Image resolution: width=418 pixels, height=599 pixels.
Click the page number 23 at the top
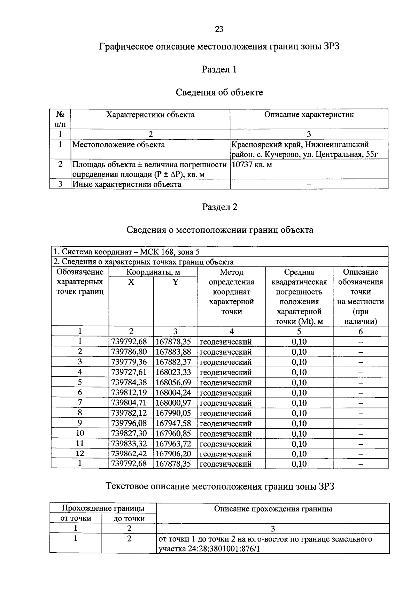click(x=219, y=29)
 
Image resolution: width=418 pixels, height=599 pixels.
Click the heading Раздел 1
click(x=219, y=70)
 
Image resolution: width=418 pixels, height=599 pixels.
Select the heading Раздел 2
click(x=220, y=207)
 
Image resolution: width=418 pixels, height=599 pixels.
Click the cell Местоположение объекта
click(x=118, y=145)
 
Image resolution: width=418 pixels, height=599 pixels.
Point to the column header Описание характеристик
click(x=309, y=115)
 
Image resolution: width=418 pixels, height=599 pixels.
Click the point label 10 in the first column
click(x=80, y=433)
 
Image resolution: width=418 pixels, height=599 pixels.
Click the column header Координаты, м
click(x=153, y=272)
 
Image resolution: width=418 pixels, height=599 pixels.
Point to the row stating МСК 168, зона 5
click(x=126, y=252)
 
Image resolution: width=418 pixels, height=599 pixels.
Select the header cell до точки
click(x=129, y=519)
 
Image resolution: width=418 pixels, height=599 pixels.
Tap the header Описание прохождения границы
click(x=273, y=509)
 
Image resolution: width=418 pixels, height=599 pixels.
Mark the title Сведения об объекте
click(x=219, y=92)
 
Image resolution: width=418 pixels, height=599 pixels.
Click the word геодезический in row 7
click(x=226, y=403)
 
